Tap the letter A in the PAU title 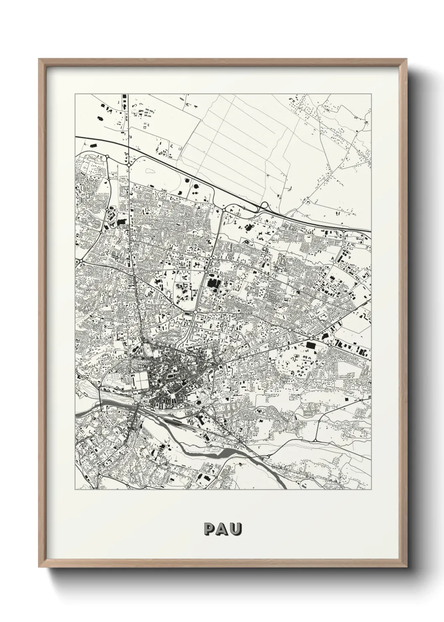pyautogui.click(x=222, y=528)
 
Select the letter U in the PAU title pyautogui.click(x=236, y=528)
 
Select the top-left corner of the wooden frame pyautogui.click(x=39, y=59)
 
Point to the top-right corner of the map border pyautogui.click(x=371, y=94)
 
